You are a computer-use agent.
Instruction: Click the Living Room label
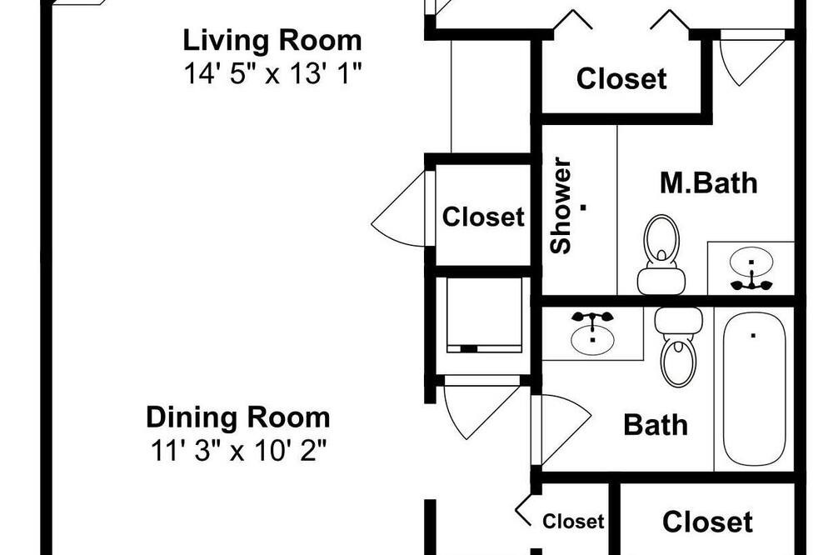tap(272, 40)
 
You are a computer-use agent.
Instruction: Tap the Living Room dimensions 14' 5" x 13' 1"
tap(272, 72)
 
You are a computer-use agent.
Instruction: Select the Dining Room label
tap(238, 417)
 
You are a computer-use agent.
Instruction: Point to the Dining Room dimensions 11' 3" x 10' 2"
tap(238, 452)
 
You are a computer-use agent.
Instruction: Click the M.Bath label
tap(709, 182)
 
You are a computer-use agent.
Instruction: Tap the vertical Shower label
tap(561, 205)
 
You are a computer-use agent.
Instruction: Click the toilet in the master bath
tap(661, 255)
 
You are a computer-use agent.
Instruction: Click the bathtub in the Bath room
tap(754, 388)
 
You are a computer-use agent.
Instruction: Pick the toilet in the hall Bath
tap(678, 347)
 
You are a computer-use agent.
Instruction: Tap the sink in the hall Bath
tap(593, 333)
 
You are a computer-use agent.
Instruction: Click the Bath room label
tap(656, 425)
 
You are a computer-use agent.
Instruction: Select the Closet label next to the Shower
tap(483, 217)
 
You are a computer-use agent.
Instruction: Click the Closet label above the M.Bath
tap(621, 78)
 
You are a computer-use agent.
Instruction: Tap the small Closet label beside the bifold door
tap(573, 522)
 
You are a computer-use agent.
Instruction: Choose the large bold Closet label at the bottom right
tap(707, 522)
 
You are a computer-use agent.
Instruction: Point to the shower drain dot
tap(583, 207)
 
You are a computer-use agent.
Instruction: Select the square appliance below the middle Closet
tap(483, 315)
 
